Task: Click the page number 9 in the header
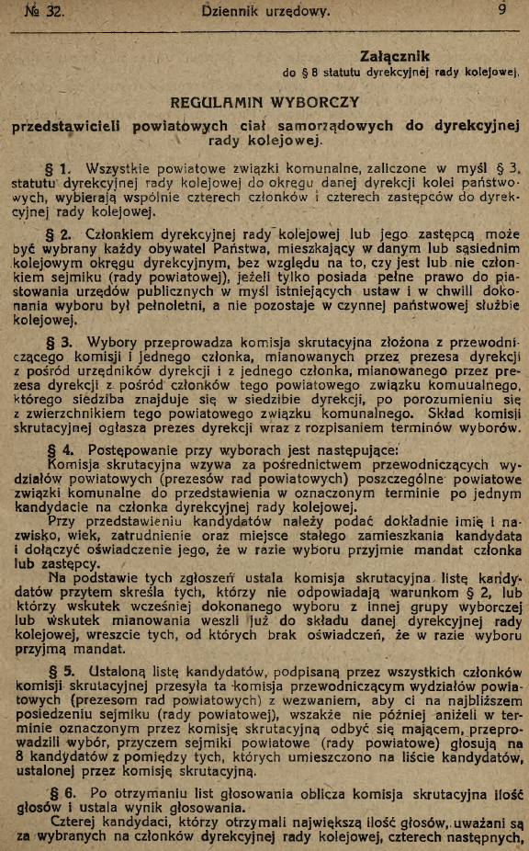tap(502, 11)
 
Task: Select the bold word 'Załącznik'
tap(396, 57)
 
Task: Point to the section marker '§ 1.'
tap(57, 169)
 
